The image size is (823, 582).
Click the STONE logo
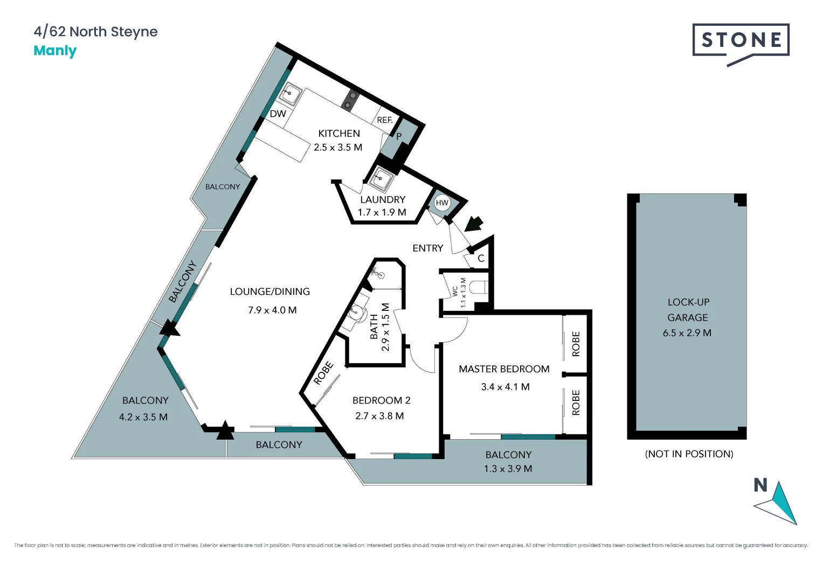pyautogui.click(x=741, y=40)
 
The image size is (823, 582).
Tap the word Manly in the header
pyautogui.click(x=55, y=51)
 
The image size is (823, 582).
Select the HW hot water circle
pyautogui.click(x=442, y=203)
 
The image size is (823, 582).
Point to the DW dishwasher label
pyautogui.click(x=278, y=114)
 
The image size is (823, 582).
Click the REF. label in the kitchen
pyautogui.click(x=384, y=120)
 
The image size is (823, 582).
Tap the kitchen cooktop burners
pyautogui.click(x=350, y=100)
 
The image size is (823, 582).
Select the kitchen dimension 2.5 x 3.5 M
pyautogui.click(x=338, y=147)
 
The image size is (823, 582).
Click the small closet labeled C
pyautogui.click(x=481, y=259)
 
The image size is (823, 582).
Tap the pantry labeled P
pyautogui.click(x=399, y=136)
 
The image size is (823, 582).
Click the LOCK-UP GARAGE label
pyautogui.click(x=688, y=310)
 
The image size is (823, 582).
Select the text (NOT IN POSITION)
pyautogui.click(x=689, y=454)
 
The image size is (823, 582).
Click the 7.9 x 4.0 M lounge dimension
pyautogui.click(x=272, y=310)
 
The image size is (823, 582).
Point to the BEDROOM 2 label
pyautogui.click(x=381, y=400)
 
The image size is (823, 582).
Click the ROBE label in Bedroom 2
pyautogui.click(x=323, y=373)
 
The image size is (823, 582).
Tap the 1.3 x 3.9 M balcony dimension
pyautogui.click(x=508, y=469)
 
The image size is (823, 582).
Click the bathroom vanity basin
pyautogui.click(x=357, y=312)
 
